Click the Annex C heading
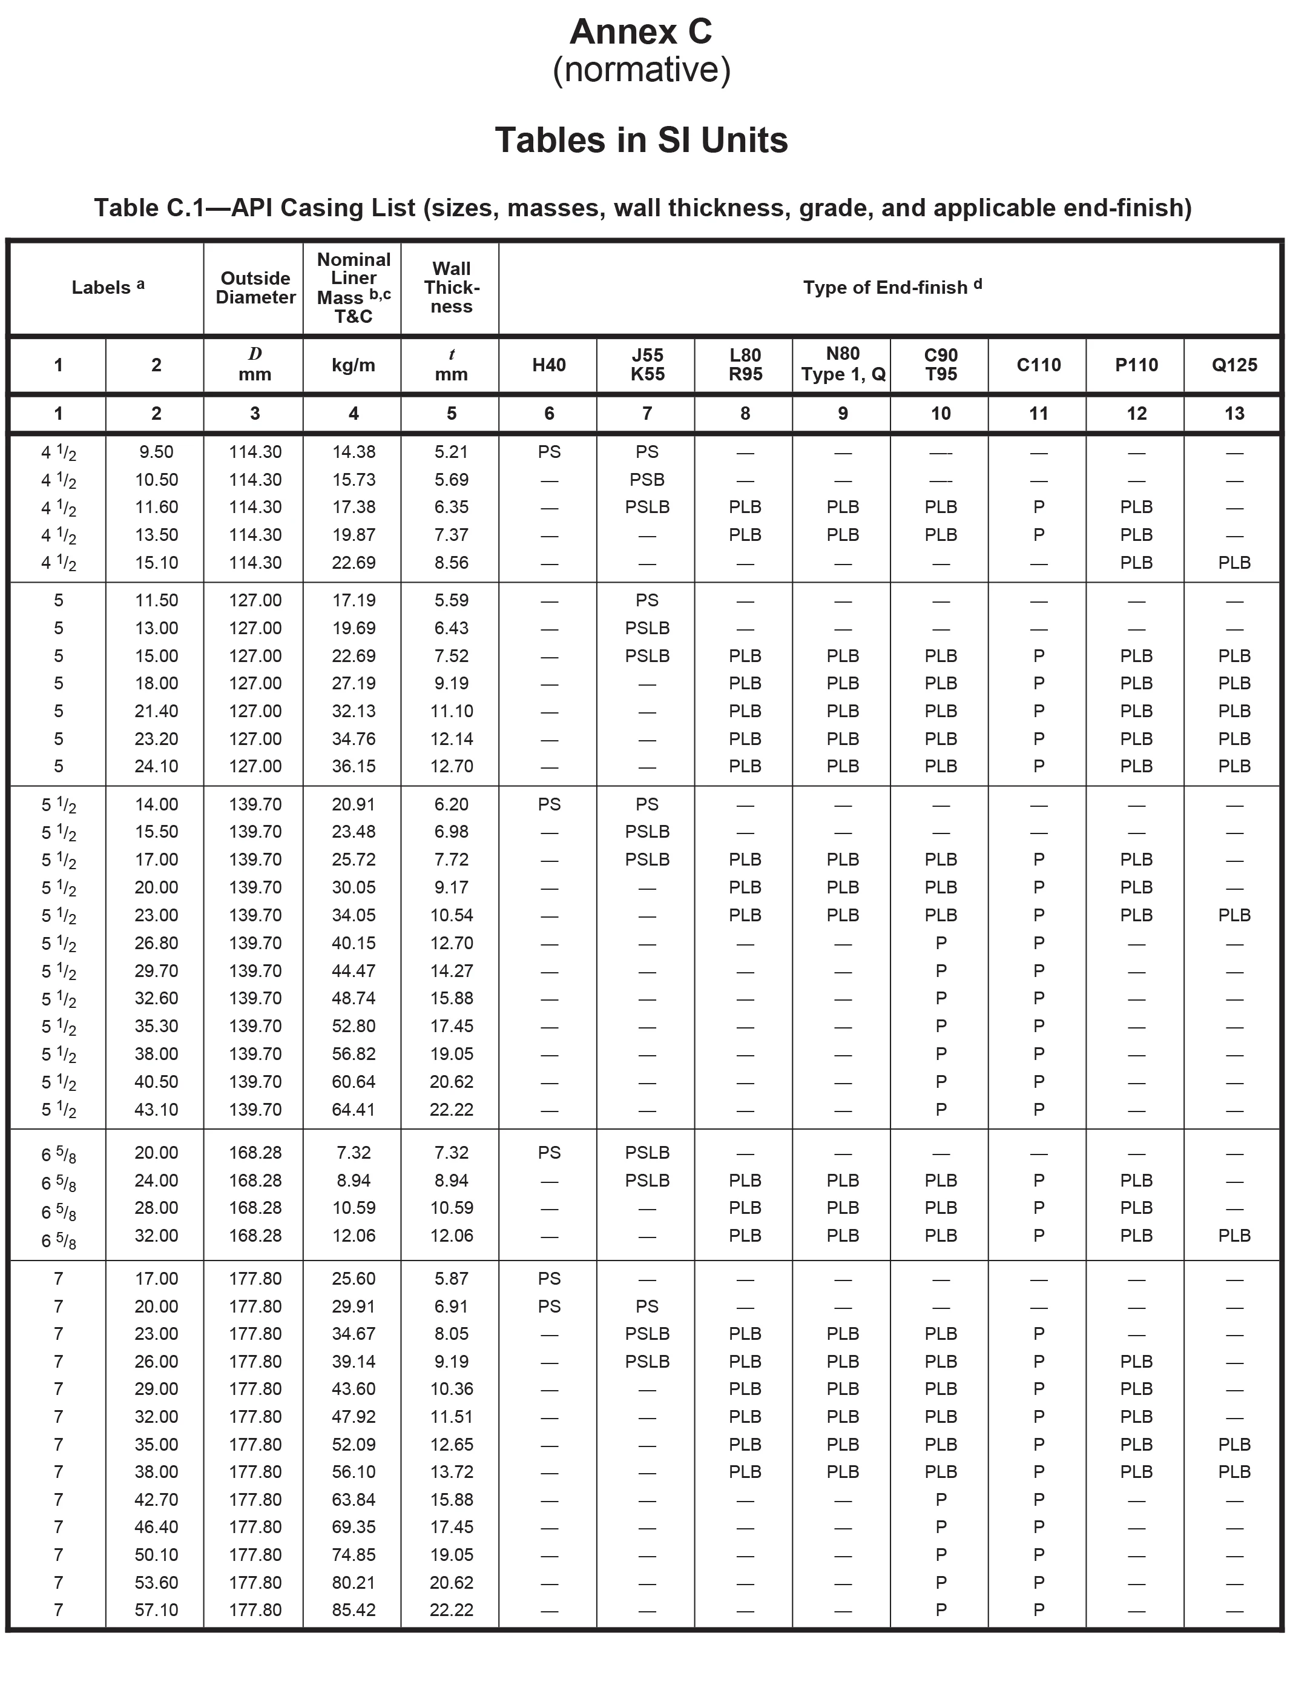(641, 32)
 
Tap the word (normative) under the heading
(641, 70)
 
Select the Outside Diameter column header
(255, 288)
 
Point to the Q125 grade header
(1234, 365)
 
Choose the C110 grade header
(1038, 365)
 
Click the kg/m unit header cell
(353, 365)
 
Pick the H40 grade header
(549, 365)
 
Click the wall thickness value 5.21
(452, 452)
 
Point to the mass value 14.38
(353, 452)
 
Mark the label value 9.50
(157, 452)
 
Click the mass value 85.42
(353, 1610)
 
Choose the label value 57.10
(157, 1610)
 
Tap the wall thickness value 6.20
(452, 804)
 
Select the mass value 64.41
(353, 1109)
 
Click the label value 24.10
(157, 766)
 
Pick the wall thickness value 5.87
(452, 1278)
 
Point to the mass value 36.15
(353, 766)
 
